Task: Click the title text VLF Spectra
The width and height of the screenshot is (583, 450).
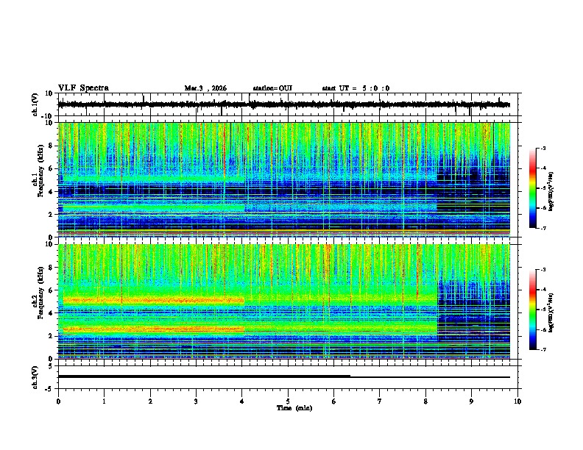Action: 83,88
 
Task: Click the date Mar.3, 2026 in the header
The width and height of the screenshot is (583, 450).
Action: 205,88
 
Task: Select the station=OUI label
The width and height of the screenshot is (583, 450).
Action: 272,88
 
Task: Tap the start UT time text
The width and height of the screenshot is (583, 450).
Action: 356,88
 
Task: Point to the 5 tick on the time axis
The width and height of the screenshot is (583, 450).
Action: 289,401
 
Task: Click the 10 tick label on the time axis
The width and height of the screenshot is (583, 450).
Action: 518,401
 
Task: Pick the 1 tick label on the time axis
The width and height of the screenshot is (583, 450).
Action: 105,401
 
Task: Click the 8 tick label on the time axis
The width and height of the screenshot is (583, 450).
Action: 426,401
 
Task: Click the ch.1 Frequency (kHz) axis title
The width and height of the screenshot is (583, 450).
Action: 38,179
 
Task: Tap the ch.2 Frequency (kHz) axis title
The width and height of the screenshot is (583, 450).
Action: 38,301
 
